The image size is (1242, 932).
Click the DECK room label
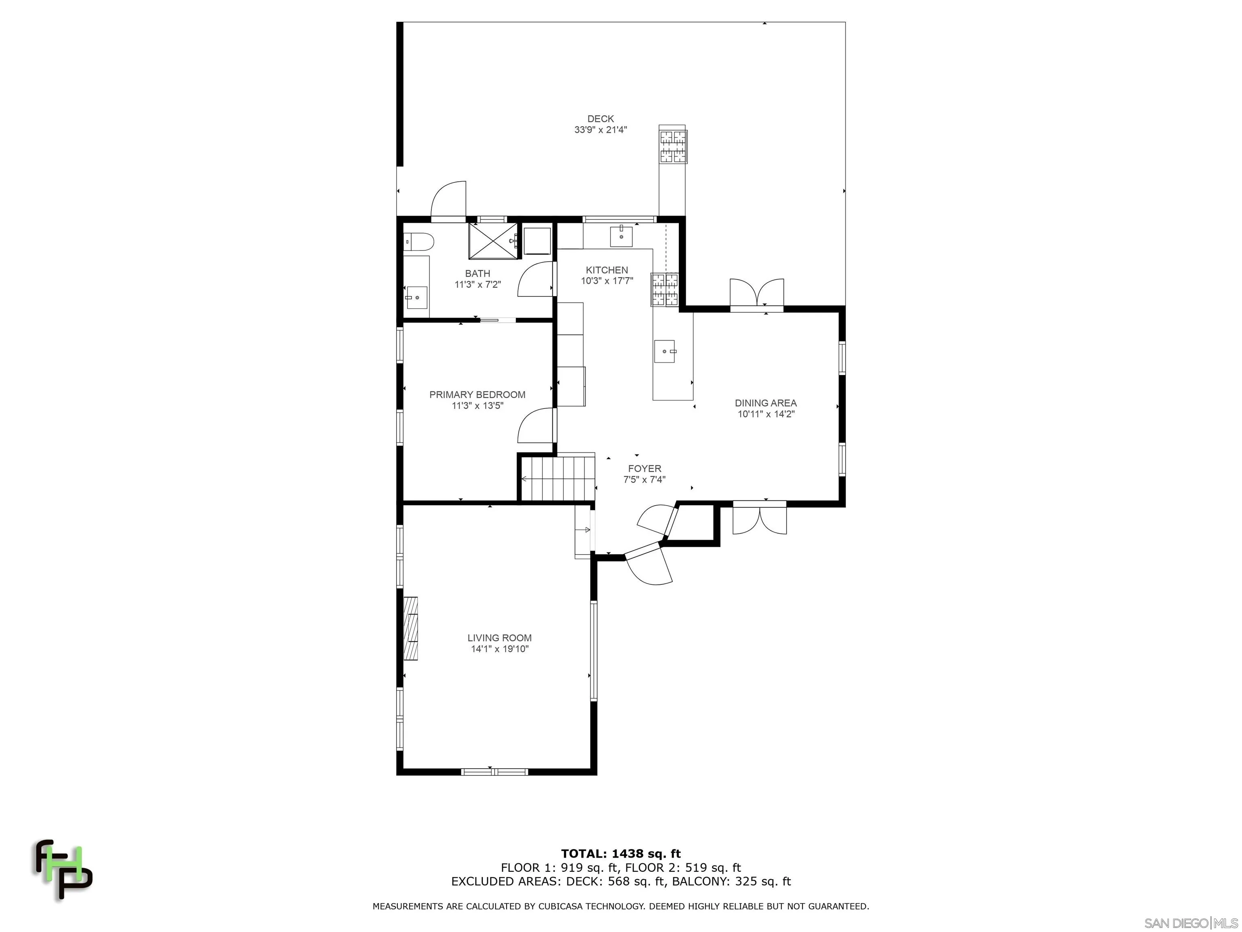(x=600, y=119)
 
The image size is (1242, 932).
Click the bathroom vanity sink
(x=416, y=297)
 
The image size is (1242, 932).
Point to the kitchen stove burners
(x=665, y=289)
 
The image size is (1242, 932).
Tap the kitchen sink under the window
(x=621, y=236)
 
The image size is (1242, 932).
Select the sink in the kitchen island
(x=665, y=352)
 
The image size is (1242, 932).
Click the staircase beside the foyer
(x=558, y=479)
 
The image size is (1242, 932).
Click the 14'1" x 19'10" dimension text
(x=499, y=649)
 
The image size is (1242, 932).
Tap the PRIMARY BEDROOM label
(x=477, y=395)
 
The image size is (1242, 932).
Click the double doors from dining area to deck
(x=756, y=294)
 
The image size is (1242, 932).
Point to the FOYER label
(x=644, y=468)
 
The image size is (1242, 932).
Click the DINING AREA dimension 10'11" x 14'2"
(x=766, y=414)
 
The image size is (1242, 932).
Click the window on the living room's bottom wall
(x=494, y=772)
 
